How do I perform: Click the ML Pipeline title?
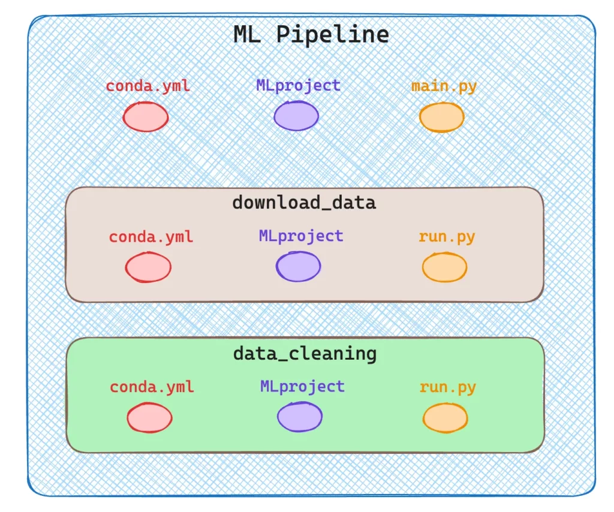coord(311,34)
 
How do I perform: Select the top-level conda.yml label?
coord(148,86)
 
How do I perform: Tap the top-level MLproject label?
coord(298,85)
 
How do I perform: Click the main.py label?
coord(444,86)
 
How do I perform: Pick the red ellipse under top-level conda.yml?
coord(146,116)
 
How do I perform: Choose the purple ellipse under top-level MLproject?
coord(296,116)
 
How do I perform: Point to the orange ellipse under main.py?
coord(441,117)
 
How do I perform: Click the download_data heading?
coord(304,202)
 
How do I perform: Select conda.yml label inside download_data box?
coord(151,237)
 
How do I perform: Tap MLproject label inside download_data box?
coord(301,236)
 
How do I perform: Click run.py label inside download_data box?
coord(447,236)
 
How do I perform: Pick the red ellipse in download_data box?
coord(148,267)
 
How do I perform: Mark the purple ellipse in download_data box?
coord(298,266)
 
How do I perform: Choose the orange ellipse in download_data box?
coord(444,267)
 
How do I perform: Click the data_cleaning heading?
coord(305,353)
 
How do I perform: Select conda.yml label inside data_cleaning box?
coord(152,387)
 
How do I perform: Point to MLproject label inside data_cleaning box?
coord(302,386)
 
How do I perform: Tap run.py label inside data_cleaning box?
coord(448,387)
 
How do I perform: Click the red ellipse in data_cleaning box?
coord(149,417)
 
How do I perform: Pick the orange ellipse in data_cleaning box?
coord(446,417)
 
